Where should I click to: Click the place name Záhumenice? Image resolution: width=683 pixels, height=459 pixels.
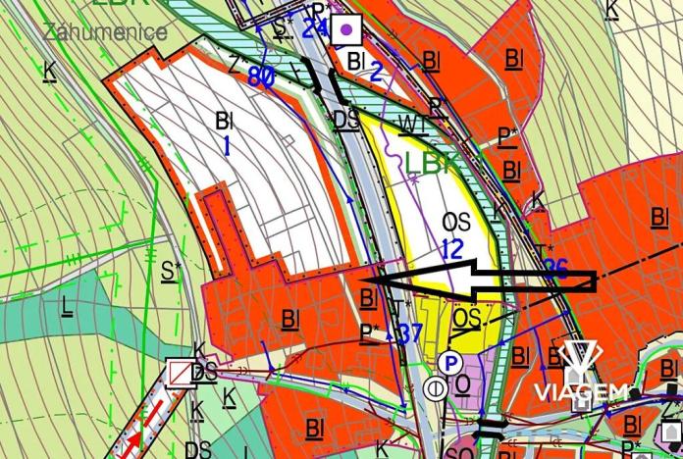(105, 31)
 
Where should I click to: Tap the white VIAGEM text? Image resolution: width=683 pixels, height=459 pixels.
(580, 393)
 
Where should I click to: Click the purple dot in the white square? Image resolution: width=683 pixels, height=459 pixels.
(344, 29)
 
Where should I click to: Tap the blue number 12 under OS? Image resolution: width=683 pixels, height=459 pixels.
(451, 249)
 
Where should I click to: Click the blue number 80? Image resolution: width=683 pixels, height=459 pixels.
(260, 76)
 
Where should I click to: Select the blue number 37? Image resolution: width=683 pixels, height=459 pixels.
(410, 333)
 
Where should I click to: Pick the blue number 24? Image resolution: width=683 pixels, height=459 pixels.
(314, 26)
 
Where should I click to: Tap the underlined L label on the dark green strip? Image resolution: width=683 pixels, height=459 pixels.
(67, 305)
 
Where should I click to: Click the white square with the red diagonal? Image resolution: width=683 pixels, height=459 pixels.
(180, 372)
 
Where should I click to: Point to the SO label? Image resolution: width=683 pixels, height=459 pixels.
(458, 452)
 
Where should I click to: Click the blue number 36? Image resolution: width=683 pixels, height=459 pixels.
(555, 270)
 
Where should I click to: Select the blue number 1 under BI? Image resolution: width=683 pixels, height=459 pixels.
(227, 147)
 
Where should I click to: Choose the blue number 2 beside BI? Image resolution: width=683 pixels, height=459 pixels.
(375, 69)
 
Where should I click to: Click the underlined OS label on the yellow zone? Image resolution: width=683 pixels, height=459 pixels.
(467, 318)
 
